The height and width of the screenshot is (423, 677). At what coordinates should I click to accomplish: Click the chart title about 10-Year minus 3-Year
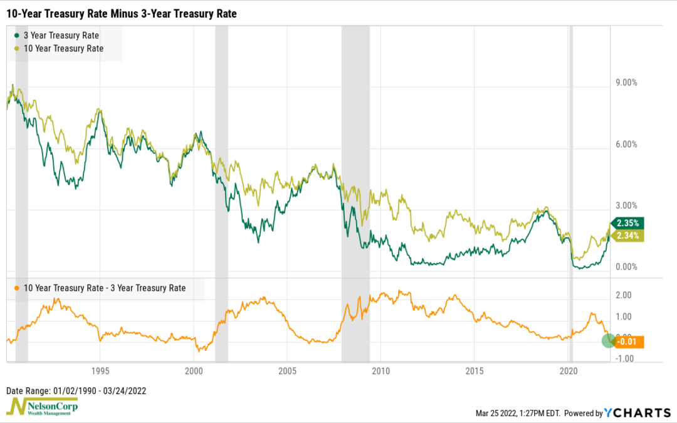click(122, 13)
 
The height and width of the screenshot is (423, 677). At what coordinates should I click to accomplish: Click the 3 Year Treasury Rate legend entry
click(61, 36)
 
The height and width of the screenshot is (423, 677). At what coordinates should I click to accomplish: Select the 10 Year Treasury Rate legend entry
click(63, 48)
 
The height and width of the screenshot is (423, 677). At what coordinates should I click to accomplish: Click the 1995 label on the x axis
click(100, 370)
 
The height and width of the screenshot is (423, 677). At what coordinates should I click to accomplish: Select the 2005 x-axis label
click(287, 370)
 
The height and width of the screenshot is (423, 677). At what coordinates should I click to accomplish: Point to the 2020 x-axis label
click(568, 370)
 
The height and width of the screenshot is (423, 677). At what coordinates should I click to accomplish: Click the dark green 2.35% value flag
click(628, 223)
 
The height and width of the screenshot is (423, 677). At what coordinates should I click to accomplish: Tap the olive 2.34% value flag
click(628, 236)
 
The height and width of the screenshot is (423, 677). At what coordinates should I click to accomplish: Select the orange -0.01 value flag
click(629, 342)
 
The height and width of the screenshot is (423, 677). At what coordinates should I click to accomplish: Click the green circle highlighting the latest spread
click(609, 341)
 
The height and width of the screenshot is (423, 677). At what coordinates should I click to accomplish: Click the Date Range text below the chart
click(76, 390)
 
